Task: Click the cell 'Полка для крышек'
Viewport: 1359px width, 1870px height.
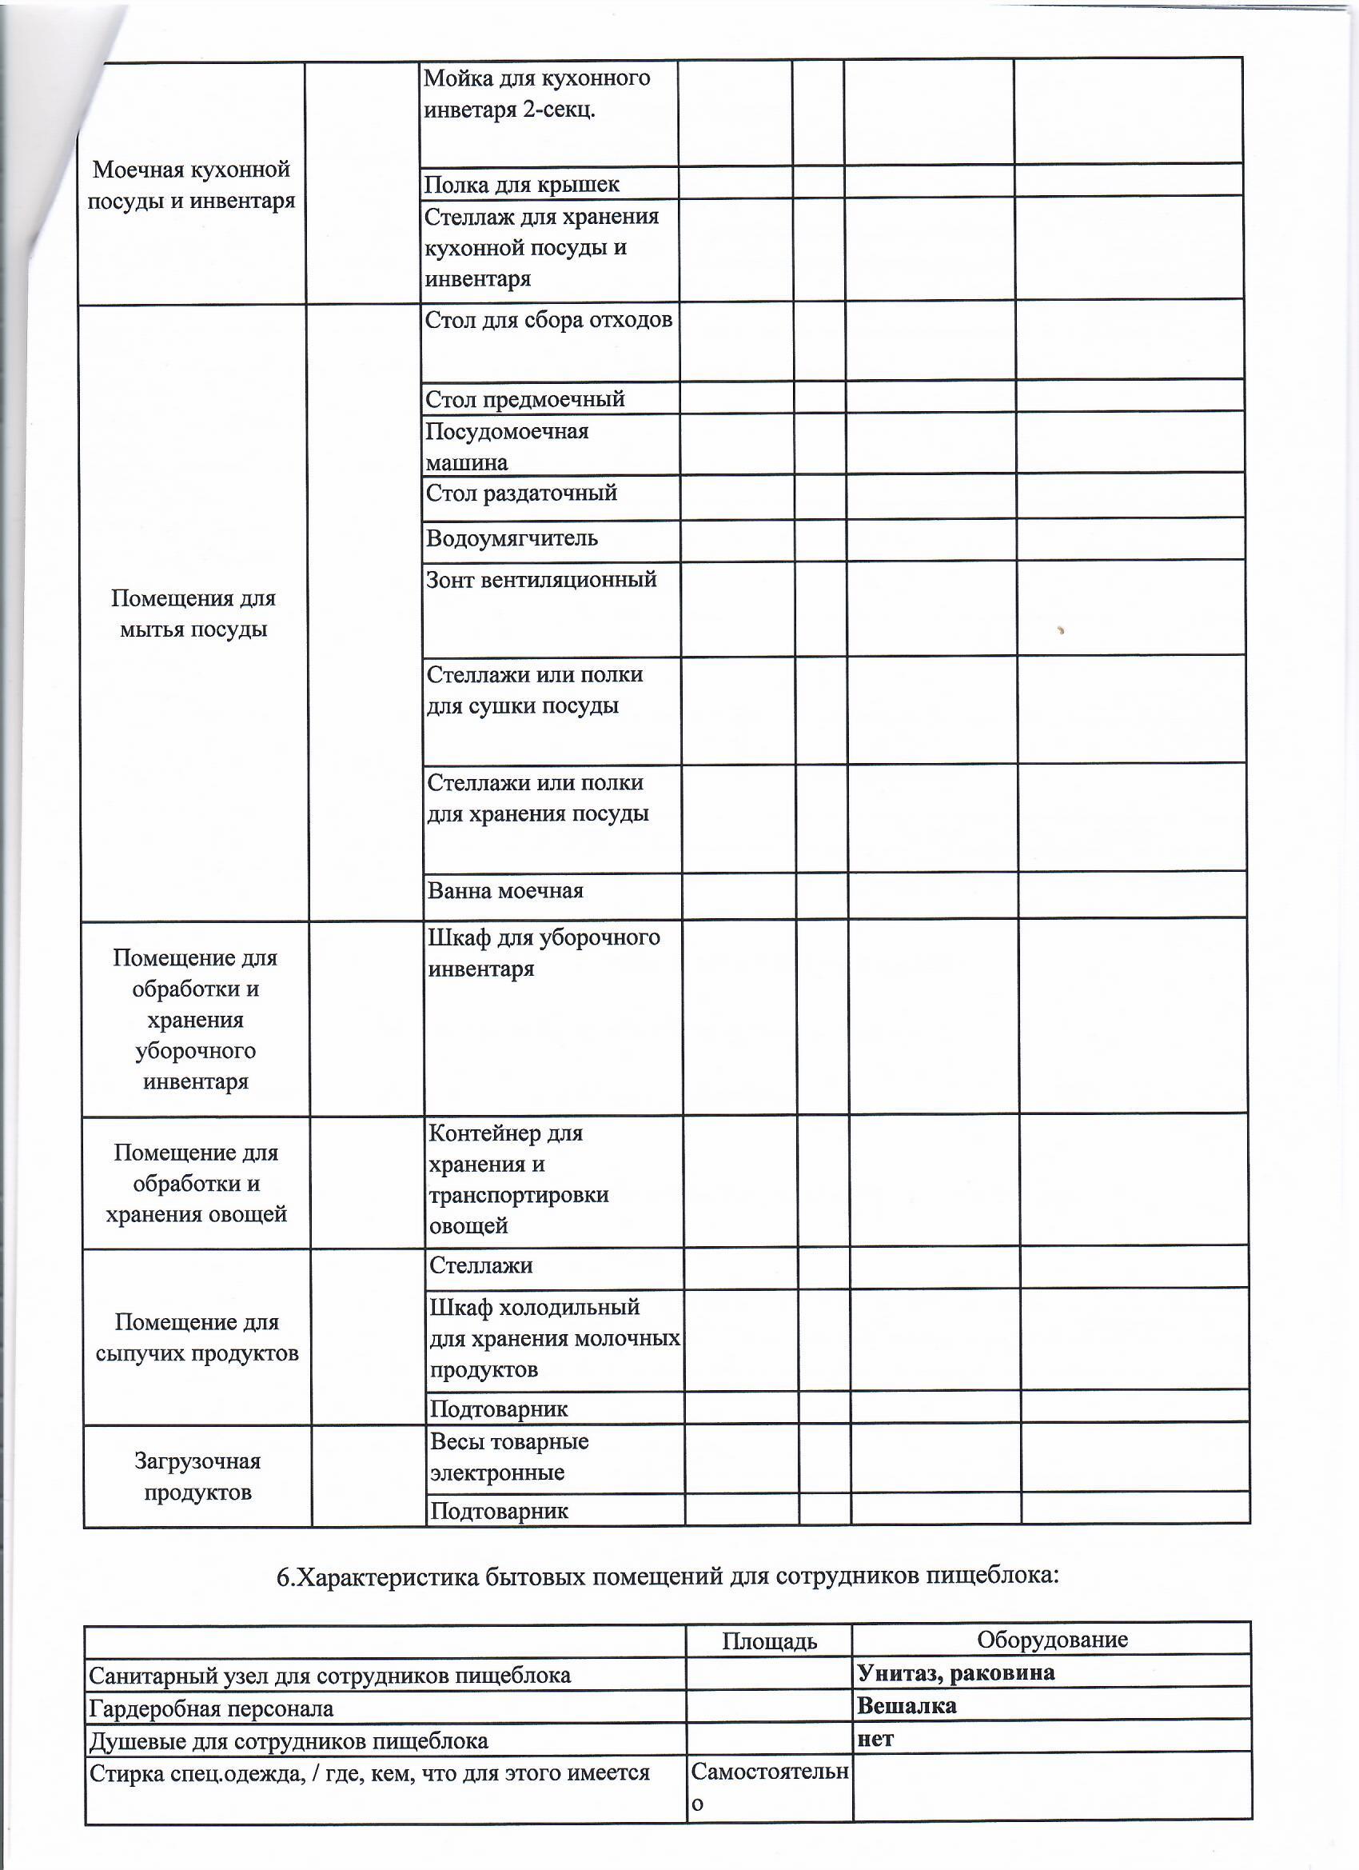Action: tap(521, 185)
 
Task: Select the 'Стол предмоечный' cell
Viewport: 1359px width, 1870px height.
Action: tap(524, 400)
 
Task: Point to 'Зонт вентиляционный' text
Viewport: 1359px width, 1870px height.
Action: tap(540, 580)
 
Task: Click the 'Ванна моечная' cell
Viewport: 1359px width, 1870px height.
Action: tap(505, 891)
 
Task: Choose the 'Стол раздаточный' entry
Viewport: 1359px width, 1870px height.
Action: tap(521, 493)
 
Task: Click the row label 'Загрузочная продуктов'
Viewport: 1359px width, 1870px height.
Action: tap(197, 1476)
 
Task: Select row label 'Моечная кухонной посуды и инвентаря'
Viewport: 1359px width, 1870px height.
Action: tap(191, 185)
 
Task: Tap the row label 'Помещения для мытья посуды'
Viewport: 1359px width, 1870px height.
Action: tap(193, 613)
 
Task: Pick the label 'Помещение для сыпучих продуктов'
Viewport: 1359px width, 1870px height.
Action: tap(197, 1337)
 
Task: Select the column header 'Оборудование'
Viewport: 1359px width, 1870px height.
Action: tap(1051, 1639)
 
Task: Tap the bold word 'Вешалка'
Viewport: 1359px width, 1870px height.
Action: tap(907, 1705)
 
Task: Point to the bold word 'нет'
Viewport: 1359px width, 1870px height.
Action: tap(875, 1739)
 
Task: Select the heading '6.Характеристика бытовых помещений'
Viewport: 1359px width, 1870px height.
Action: tap(667, 1576)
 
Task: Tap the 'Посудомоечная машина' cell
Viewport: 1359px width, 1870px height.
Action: tap(506, 447)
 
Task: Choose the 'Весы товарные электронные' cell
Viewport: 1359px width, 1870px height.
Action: tap(508, 1457)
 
